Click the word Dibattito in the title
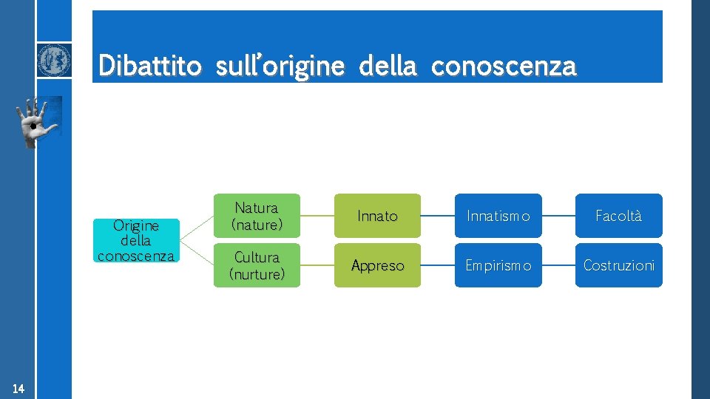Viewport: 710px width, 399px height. pos(149,66)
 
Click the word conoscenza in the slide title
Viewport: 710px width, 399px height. pos(503,66)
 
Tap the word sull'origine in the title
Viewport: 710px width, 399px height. pos(280,66)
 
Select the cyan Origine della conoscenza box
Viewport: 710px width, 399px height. pos(136,240)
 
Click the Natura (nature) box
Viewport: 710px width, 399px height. pos(257,216)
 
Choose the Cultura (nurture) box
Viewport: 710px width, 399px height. pos(257,265)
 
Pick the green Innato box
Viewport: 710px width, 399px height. pos(377,216)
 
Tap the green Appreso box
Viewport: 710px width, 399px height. pos(377,265)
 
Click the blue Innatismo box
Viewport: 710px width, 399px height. pos(498,216)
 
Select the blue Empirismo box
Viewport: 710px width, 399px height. pos(498,265)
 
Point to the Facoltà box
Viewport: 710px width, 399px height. pos(618,216)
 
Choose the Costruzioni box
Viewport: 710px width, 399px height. pos(618,265)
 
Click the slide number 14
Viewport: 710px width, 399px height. pos(18,389)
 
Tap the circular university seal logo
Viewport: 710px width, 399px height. pos(55,60)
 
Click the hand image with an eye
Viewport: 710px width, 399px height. pos(38,122)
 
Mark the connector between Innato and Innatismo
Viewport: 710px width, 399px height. pos(437,216)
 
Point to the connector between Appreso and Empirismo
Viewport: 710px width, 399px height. pos(437,265)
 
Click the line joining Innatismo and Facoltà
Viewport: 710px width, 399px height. pos(558,216)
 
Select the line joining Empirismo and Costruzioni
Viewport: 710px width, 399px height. pos(558,265)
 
